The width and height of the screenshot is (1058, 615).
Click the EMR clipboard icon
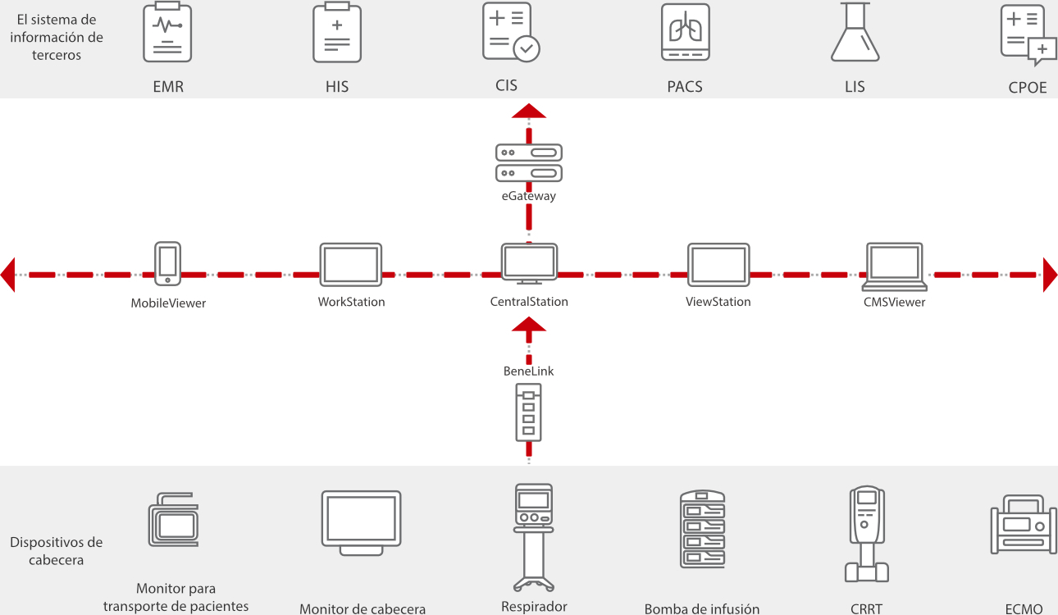(167, 33)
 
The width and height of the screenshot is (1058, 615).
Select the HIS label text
(337, 86)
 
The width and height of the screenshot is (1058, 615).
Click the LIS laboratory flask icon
(855, 33)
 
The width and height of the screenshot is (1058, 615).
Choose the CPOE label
(1028, 88)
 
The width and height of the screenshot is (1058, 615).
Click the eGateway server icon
(529, 163)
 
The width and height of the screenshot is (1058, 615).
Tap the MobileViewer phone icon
(168, 262)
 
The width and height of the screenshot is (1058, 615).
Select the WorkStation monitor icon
(350, 264)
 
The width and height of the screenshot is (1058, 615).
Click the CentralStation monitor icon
(529, 263)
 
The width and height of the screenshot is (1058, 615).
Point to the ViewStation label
(718, 302)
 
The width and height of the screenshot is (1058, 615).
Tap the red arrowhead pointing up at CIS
(529, 112)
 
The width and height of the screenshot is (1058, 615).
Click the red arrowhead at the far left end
(8, 274)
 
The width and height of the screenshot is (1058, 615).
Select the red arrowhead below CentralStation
(529, 324)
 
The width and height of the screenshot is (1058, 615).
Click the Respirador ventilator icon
(533, 537)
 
